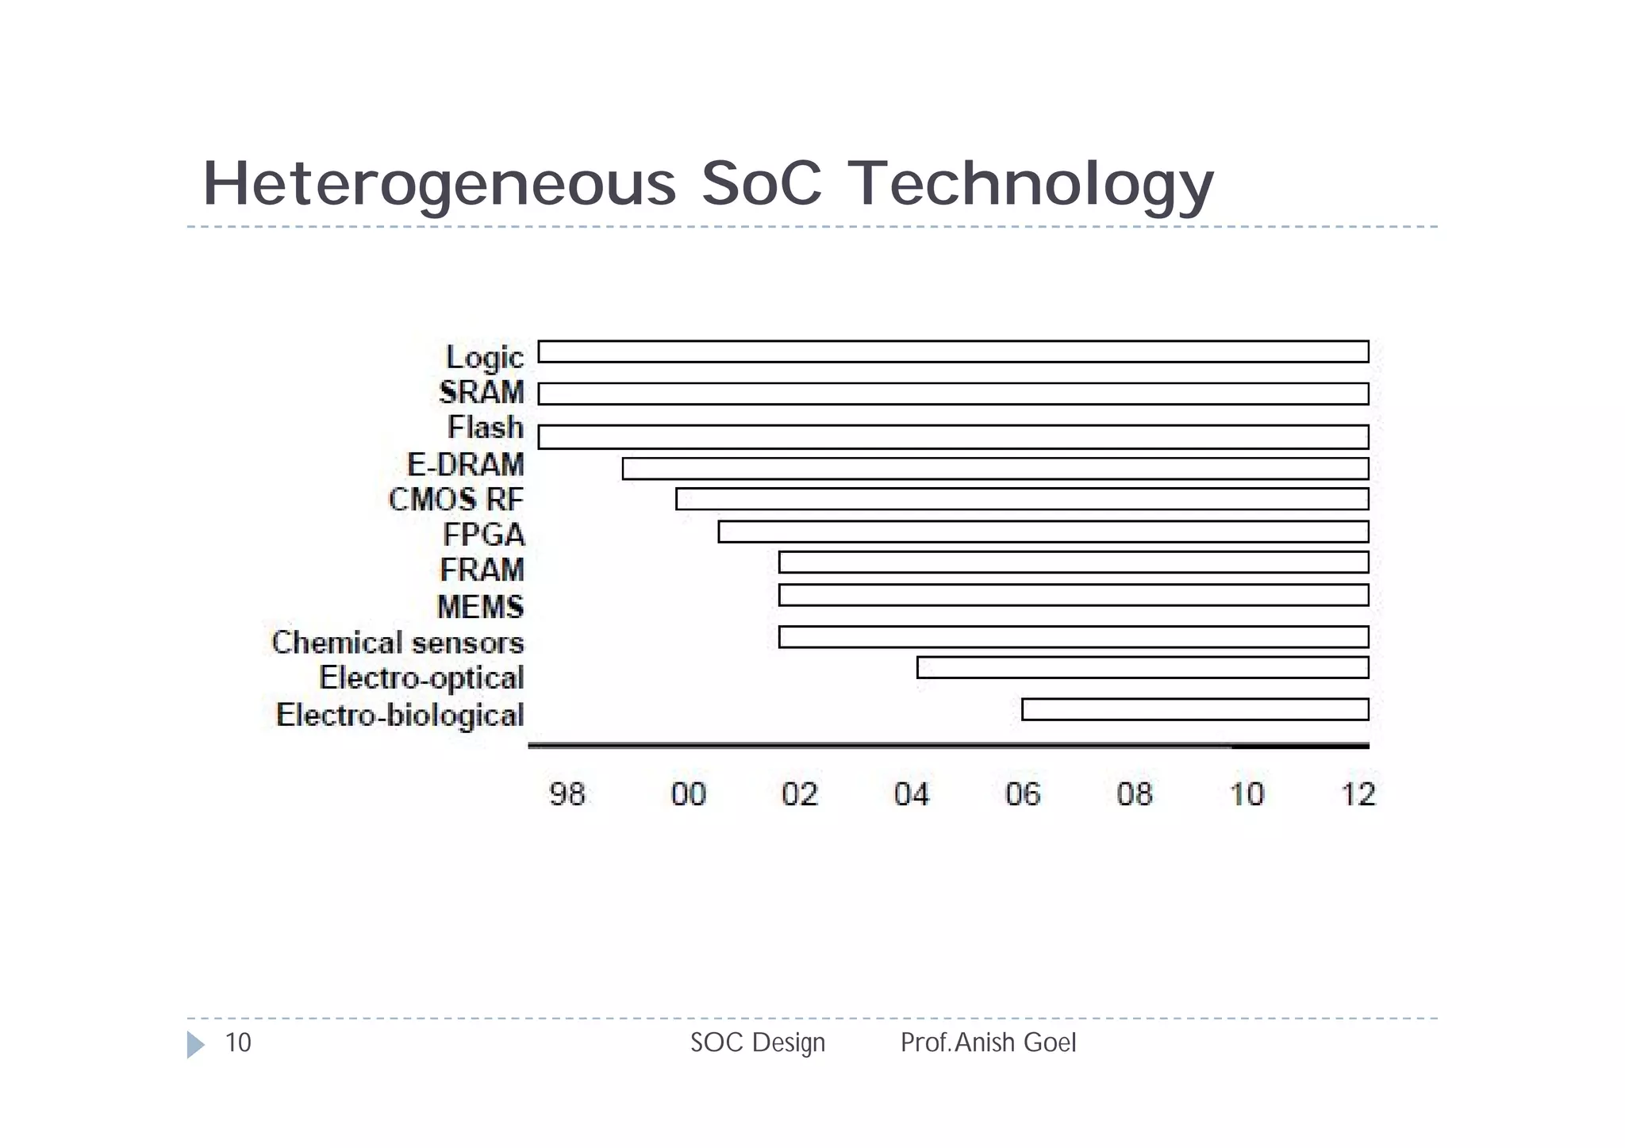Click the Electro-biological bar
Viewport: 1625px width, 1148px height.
point(1195,709)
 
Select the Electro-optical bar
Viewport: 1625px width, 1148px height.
point(1143,667)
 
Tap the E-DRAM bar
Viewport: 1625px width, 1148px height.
point(995,469)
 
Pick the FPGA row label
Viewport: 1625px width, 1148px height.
point(484,535)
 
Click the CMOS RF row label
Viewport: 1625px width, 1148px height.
point(456,500)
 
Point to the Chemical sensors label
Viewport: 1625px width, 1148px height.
point(398,643)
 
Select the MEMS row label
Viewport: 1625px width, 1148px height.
point(481,607)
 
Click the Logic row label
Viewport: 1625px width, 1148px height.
point(485,358)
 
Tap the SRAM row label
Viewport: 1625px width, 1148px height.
point(482,392)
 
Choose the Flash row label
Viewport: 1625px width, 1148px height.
point(486,428)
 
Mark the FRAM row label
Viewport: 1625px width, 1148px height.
point(482,570)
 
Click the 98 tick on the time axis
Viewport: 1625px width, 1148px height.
point(567,794)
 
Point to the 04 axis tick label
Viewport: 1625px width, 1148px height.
point(911,794)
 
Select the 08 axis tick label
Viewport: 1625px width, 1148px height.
point(1134,794)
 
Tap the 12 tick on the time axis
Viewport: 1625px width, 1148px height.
point(1358,794)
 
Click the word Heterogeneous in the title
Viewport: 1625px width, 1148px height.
point(439,184)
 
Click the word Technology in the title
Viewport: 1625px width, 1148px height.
point(1031,184)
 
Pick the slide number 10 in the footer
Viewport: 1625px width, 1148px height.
point(238,1042)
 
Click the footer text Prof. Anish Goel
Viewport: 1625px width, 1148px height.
point(988,1042)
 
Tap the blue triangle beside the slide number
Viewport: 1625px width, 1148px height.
point(195,1045)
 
